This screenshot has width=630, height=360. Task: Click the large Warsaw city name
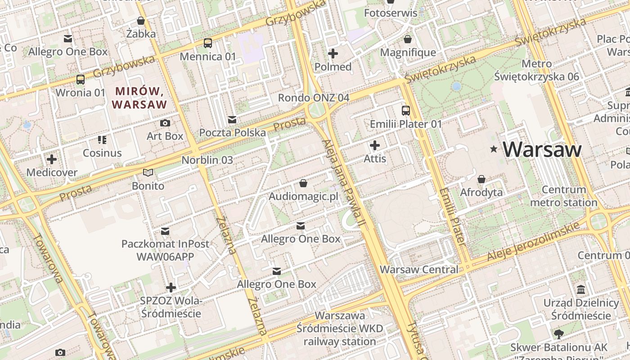point(542,149)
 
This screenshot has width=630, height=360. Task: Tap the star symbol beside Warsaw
point(494,149)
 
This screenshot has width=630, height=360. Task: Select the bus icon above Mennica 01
point(207,43)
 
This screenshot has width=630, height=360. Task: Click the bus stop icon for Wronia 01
point(81,80)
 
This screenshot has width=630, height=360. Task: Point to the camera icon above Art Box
point(165,123)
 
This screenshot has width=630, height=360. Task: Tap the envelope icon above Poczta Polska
point(232,120)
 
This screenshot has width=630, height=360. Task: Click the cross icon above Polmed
point(333,54)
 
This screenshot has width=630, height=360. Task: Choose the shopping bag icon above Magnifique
point(408,40)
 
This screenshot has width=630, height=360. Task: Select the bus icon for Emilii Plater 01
point(406,110)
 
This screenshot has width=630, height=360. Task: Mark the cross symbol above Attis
point(375,145)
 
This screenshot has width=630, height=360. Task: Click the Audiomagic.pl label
point(303,197)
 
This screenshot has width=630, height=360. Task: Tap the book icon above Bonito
point(148,172)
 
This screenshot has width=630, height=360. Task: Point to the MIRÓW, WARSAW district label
point(139,98)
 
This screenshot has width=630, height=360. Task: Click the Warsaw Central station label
point(419,270)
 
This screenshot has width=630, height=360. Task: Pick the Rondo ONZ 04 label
point(313,98)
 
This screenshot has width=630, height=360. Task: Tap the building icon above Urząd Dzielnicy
point(581,289)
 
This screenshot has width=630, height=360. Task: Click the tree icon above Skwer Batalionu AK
point(558,334)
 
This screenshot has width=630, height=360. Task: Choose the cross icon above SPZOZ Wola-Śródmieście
point(171,287)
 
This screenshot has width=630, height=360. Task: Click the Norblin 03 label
point(207,160)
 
